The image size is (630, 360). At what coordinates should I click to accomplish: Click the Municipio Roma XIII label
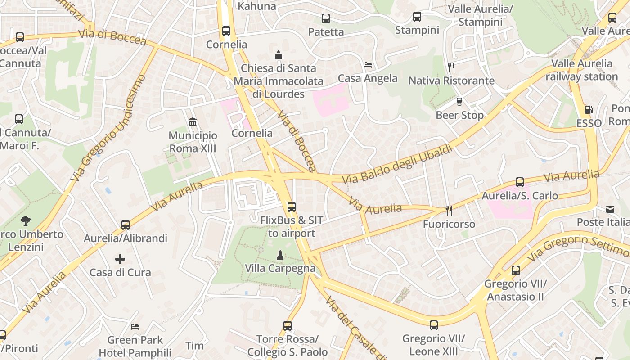(193, 142)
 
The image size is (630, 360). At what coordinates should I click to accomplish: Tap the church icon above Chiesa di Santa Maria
(279, 55)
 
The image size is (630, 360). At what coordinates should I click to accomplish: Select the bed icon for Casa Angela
(368, 65)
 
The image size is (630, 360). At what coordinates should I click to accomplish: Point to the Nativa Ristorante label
(451, 81)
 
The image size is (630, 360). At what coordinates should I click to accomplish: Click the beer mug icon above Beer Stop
(459, 102)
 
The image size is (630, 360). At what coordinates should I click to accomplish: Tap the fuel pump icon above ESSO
(589, 110)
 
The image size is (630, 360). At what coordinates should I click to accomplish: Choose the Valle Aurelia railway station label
(582, 70)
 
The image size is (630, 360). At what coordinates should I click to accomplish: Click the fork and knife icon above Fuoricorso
(449, 211)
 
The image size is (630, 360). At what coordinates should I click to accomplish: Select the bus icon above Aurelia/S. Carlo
(520, 182)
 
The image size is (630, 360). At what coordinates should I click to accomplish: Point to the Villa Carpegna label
(280, 268)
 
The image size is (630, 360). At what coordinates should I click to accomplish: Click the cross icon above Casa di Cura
(120, 259)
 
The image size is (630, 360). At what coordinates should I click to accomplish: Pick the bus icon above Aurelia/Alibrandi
(126, 225)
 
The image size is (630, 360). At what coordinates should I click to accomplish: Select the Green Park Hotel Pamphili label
(135, 346)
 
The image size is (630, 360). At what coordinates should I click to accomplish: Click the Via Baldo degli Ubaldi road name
(397, 164)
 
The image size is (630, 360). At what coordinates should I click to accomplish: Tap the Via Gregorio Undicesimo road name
(108, 128)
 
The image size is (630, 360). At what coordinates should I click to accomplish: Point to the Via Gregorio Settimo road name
(578, 247)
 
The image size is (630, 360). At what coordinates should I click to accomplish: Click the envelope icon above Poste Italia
(610, 209)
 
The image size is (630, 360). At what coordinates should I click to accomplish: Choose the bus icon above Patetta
(326, 18)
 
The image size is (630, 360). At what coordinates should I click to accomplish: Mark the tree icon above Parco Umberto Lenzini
(26, 220)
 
